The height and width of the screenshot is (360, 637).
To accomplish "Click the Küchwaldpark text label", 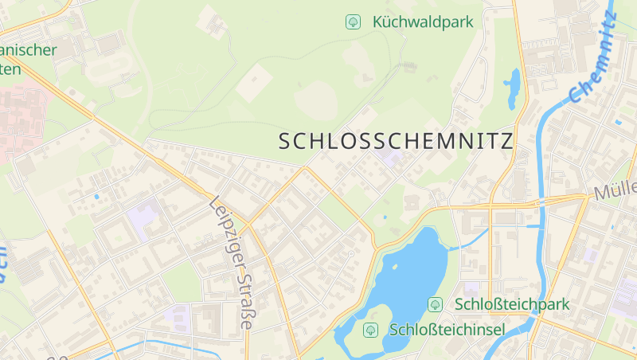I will point(423,22).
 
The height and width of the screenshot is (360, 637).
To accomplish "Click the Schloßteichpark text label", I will point(512,304).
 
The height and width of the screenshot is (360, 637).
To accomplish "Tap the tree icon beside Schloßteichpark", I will point(436,304).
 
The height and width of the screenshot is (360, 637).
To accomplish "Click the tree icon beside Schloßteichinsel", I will point(369,329).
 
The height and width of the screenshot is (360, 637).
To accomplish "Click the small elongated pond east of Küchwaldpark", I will point(511,88).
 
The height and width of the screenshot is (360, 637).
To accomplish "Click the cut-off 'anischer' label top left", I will point(29,51).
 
